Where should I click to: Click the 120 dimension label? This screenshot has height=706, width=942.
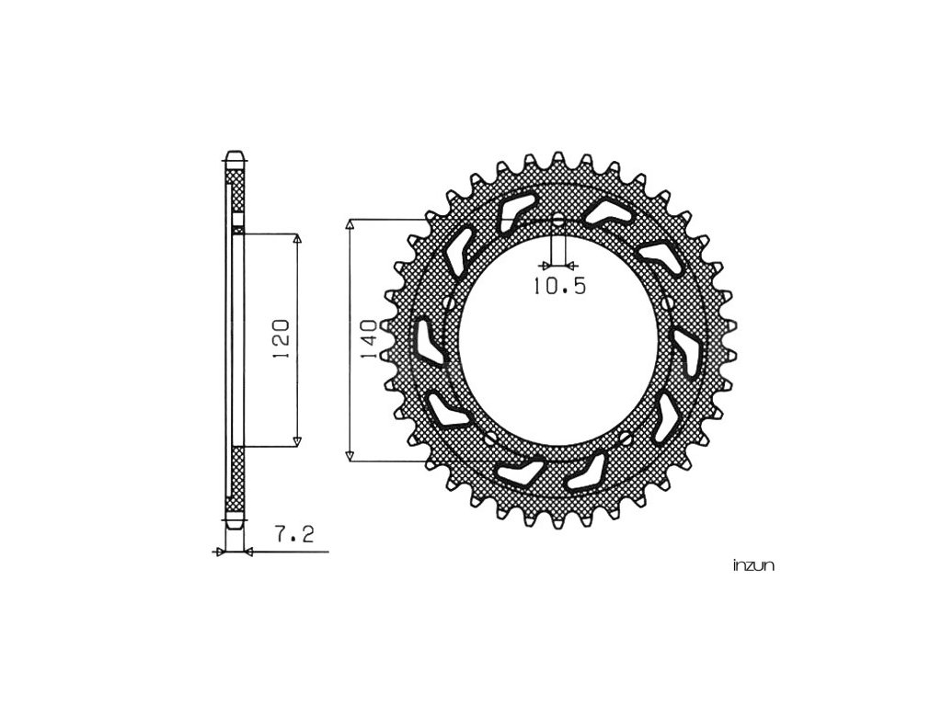tap(281, 339)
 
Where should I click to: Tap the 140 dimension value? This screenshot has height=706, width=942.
tap(369, 340)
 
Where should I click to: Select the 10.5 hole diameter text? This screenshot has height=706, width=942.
tap(559, 287)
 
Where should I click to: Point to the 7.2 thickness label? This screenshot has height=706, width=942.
tap(294, 534)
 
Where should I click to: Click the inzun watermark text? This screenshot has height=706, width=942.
tap(753, 565)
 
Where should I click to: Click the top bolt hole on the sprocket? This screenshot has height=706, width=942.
tap(558, 221)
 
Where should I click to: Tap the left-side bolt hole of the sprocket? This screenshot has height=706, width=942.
tap(448, 302)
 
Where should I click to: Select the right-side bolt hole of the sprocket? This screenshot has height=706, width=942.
tap(669, 302)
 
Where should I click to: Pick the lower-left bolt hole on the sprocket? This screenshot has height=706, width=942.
tap(491, 437)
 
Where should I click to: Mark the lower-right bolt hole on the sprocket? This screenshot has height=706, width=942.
tap(626, 437)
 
